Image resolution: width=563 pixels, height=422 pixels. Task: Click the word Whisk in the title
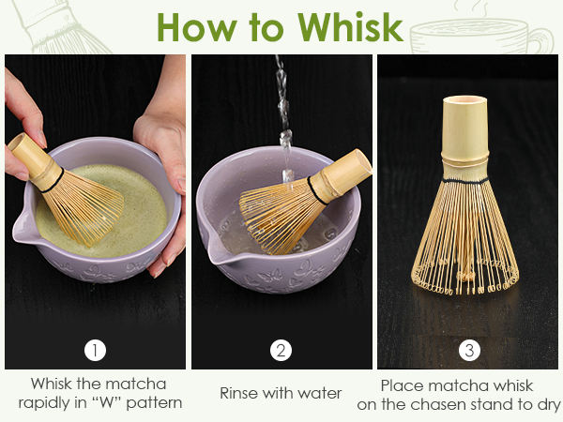350,27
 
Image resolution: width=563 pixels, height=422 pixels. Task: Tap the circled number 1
95,350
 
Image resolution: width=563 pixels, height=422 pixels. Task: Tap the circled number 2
281,350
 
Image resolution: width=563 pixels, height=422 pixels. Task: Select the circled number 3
469,350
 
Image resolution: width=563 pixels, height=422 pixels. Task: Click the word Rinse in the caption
239,393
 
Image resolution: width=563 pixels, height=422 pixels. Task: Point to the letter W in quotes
107,402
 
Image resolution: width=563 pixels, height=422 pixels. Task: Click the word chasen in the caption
440,404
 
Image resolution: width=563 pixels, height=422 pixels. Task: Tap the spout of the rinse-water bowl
211,248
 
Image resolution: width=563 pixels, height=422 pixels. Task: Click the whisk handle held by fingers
33,160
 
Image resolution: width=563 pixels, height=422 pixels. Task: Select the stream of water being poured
284,118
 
